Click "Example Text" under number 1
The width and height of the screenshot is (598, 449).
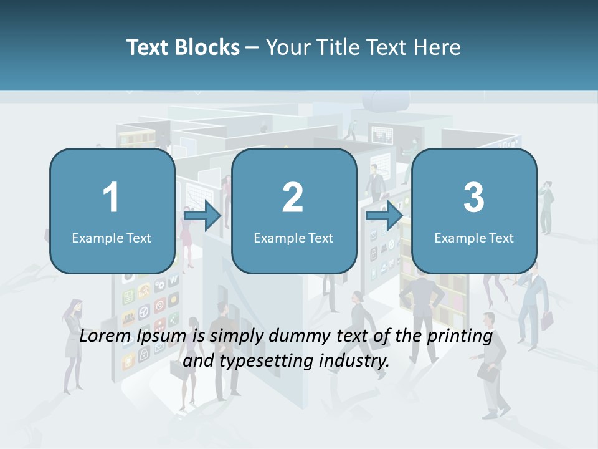coord(112,238)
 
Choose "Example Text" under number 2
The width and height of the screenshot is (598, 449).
coord(293,238)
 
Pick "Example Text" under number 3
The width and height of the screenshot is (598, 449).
coord(474,238)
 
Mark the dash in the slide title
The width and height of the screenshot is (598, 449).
coord(252,47)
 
